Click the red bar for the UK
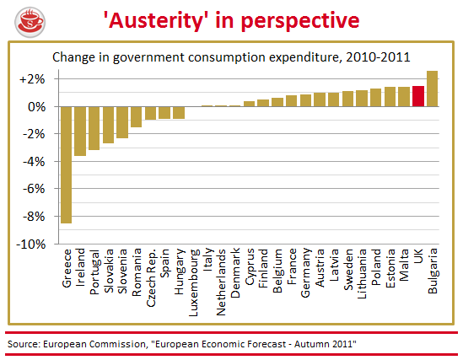click(x=418, y=96)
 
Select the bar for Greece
click(x=66, y=165)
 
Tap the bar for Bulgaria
click(x=433, y=89)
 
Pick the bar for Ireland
click(x=80, y=131)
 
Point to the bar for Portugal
click(x=94, y=128)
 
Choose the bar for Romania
click(x=137, y=117)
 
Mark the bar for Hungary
click(x=179, y=113)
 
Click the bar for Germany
click(x=305, y=100)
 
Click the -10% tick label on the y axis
click(x=31, y=244)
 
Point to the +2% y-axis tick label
click(x=32, y=79)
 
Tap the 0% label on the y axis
click(x=37, y=107)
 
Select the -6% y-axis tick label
click(x=35, y=189)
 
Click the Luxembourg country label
click(x=193, y=282)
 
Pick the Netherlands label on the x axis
click(x=221, y=282)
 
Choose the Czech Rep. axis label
click(x=151, y=278)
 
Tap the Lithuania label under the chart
click(x=362, y=274)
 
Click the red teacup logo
click(x=30, y=23)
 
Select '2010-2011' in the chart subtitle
click(x=379, y=57)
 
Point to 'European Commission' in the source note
click(x=94, y=344)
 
